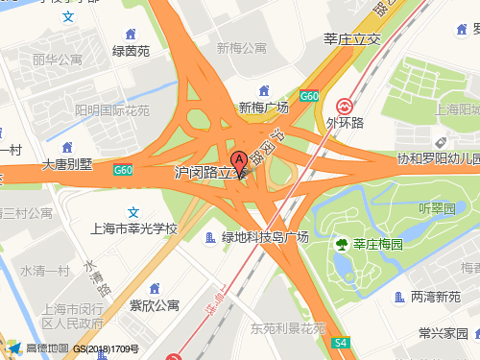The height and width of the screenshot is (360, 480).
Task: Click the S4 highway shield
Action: coord(340,342)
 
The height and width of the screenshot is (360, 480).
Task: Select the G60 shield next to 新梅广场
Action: coord(308,96)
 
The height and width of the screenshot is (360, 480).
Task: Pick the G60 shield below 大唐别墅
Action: coord(122,171)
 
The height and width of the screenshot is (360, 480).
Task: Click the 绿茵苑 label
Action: coord(131,52)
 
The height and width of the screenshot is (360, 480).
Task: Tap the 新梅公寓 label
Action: coord(241,48)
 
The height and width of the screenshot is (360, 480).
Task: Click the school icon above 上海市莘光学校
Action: coord(134,212)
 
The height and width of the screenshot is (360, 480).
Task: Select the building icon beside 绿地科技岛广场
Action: coord(211,237)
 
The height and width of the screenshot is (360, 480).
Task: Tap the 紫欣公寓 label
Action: coord(154,305)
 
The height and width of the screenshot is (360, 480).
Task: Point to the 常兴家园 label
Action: coord(443,333)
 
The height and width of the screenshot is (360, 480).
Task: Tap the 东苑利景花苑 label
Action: coord(288,328)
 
